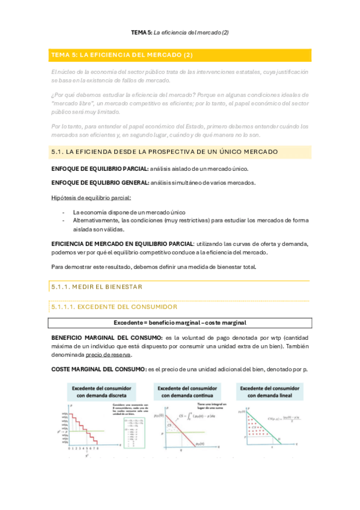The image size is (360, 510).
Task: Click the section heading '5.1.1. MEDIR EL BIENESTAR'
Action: point(97,287)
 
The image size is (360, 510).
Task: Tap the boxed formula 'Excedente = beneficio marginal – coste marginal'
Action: point(180,322)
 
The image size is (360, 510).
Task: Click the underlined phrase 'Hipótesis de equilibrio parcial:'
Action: point(91,197)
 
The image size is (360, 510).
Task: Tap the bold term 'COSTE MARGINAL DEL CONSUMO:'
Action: point(98,369)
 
